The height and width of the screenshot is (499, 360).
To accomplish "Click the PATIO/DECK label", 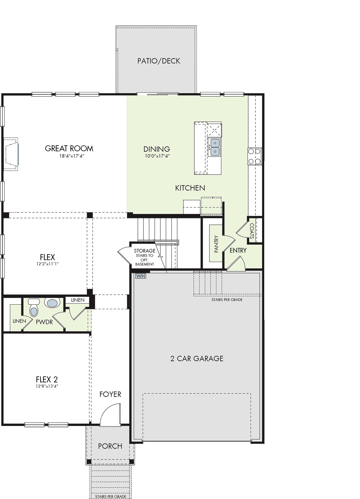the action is (x=158, y=61).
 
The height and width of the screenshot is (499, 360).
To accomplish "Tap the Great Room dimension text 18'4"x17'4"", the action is (x=72, y=156).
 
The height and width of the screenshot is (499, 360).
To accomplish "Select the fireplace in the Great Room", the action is (x=11, y=154).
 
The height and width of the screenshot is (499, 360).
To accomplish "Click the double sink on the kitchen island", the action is (x=214, y=147).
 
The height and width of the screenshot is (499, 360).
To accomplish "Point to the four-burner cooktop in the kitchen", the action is (x=255, y=156).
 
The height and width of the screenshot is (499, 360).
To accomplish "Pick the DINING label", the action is (x=157, y=149).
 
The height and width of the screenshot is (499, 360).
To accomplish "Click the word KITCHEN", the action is (x=190, y=188).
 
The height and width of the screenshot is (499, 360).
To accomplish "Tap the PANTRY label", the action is (x=216, y=244).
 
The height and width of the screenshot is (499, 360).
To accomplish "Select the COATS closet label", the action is (x=252, y=231).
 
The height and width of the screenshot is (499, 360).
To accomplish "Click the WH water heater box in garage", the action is (x=141, y=276).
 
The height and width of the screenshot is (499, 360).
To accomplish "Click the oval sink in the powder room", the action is (x=52, y=303).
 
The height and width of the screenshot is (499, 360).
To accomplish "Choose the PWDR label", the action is (x=44, y=322).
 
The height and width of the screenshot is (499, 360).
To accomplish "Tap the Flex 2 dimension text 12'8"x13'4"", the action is (x=47, y=386).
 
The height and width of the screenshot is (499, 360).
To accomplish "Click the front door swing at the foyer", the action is (x=110, y=414).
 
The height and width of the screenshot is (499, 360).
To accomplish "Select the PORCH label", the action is (x=110, y=446).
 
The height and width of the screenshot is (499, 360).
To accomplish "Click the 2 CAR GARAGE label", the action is (x=197, y=358).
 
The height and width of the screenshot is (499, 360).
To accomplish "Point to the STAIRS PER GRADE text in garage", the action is (x=227, y=300).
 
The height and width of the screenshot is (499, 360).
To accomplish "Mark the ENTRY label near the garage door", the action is (x=238, y=250).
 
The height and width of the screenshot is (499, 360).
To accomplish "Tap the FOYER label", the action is (x=110, y=395).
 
